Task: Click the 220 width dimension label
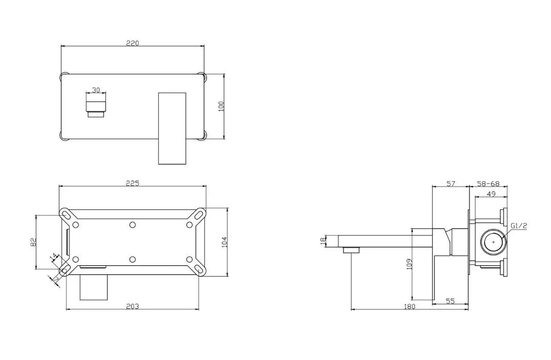pos(132,44)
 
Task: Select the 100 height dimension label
pos(220,105)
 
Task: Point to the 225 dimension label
pos(132,183)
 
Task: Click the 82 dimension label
pos(33,243)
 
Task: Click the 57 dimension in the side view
pos(451,184)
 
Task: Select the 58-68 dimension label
pos(489,184)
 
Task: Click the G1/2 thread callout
pos(519,226)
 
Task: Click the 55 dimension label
pos(450,301)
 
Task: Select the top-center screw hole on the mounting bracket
pos(132,224)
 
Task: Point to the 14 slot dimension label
pos(53,258)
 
